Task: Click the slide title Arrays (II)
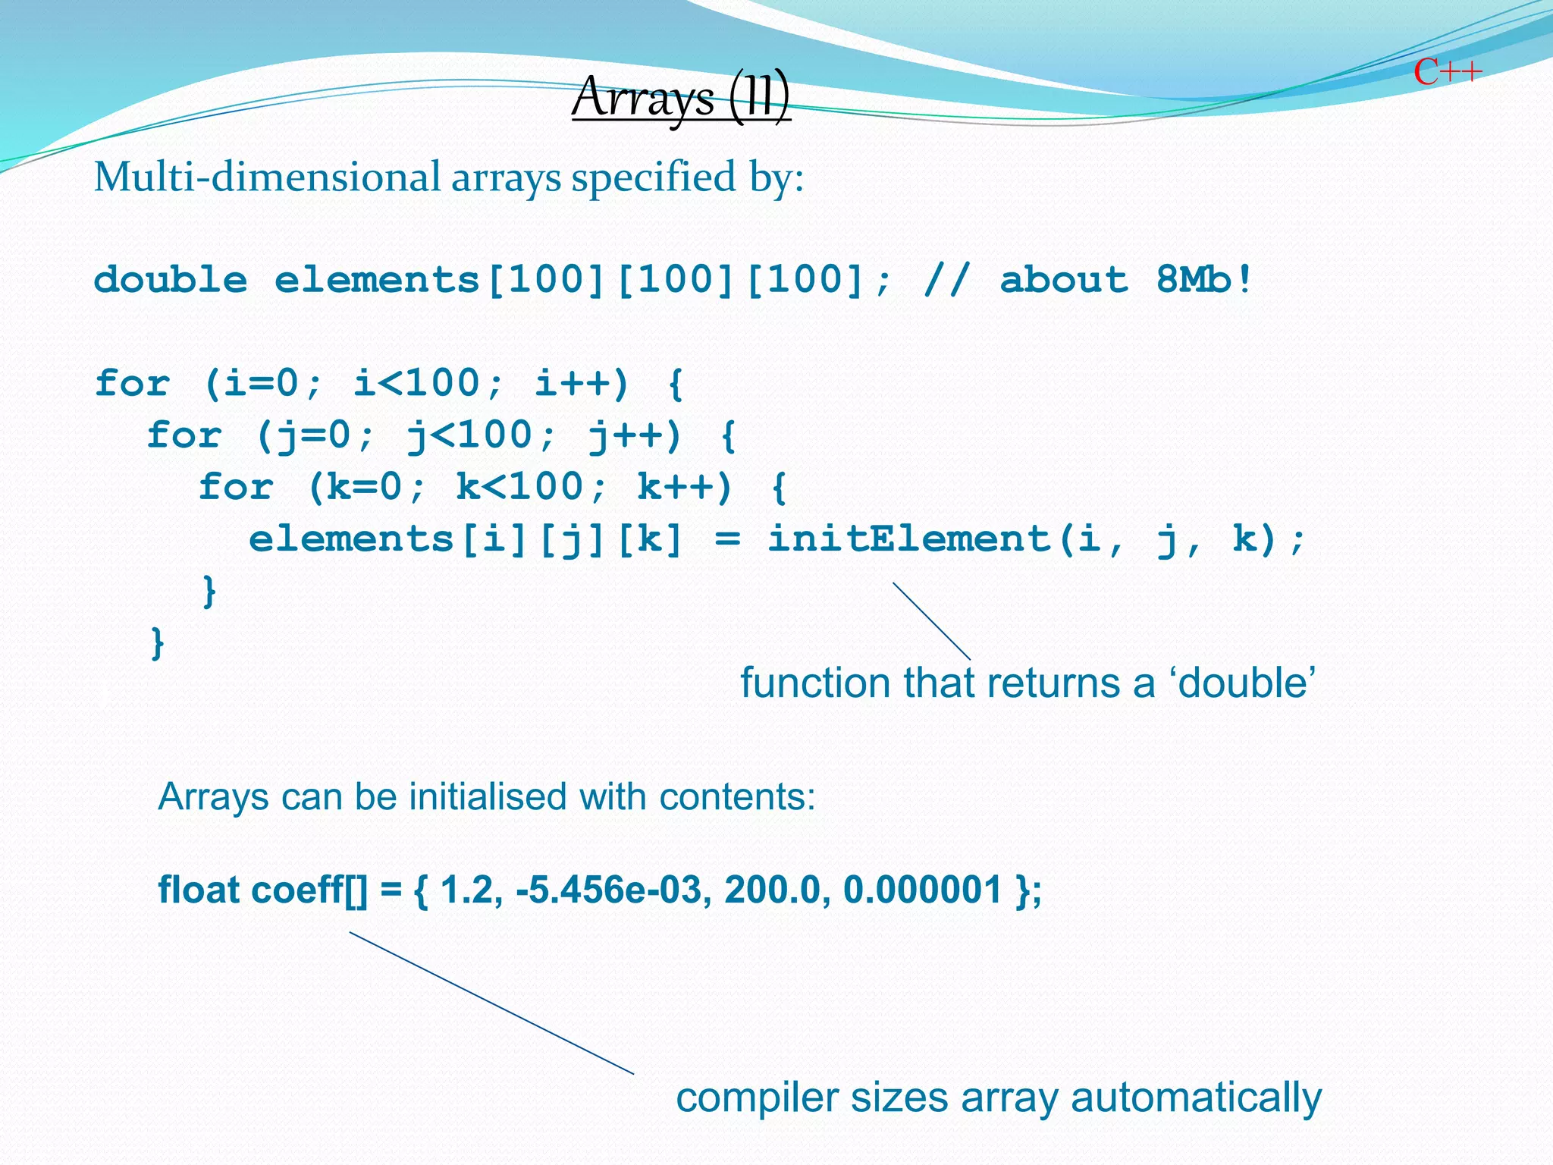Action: click(x=680, y=98)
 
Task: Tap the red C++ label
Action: click(x=1448, y=73)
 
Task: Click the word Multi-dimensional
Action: click(x=266, y=177)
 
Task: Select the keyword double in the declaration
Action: click(x=171, y=280)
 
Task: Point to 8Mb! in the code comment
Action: click(x=1203, y=280)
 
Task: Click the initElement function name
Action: click(x=908, y=539)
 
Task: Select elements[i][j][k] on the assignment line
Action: click(x=466, y=539)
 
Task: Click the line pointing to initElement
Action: click(x=931, y=621)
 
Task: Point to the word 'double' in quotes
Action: click(x=1244, y=683)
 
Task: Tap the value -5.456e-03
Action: click(x=613, y=890)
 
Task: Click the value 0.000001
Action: click(x=923, y=890)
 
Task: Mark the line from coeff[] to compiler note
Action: click(x=491, y=1003)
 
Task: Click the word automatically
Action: click(x=1196, y=1097)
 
